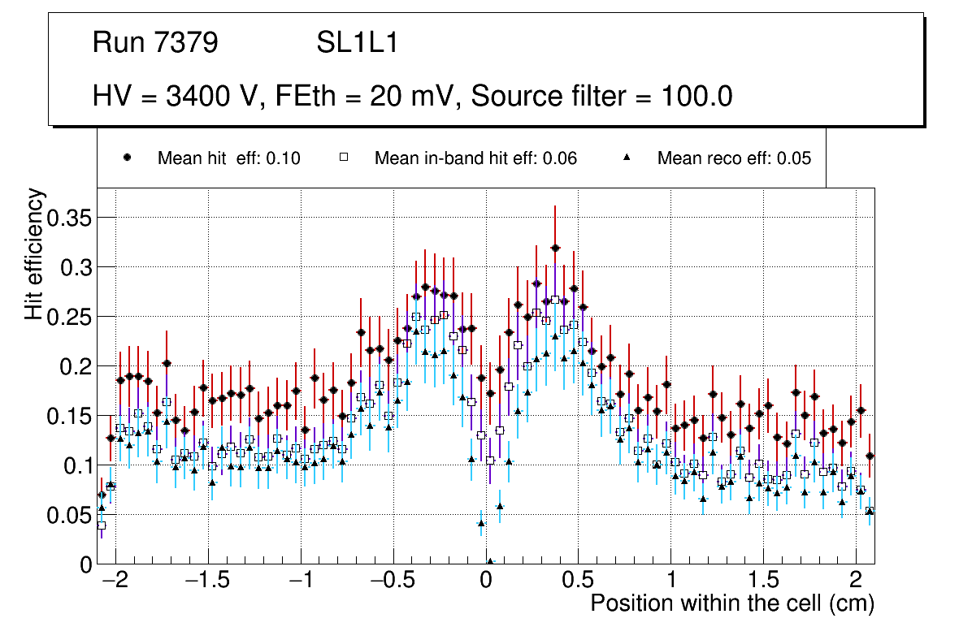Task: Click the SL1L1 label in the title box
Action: point(358,43)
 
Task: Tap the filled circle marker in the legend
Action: point(127,158)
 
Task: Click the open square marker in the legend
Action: point(344,158)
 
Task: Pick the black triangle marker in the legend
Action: point(627,158)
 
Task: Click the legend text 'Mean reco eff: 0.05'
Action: point(734,158)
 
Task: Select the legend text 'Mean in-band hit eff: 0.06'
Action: point(475,158)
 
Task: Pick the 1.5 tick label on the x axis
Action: point(764,582)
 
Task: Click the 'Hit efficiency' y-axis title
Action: point(34,254)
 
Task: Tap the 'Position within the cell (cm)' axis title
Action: point(731,604)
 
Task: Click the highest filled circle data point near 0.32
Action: point(555,248)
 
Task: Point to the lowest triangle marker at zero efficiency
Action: point(490,561)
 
